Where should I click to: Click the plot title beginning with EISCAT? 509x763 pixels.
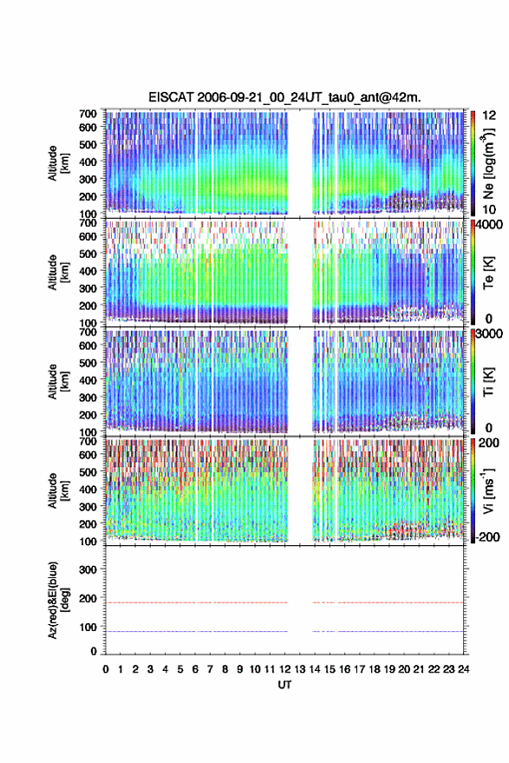coord(284,97)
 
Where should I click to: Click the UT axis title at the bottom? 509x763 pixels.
coord(284,685)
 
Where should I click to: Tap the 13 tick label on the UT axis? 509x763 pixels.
coord(299,669)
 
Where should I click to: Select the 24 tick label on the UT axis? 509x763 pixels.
coord(463,669)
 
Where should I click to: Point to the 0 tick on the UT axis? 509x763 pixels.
coord(106,669)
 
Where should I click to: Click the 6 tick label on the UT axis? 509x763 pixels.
coord(195,669)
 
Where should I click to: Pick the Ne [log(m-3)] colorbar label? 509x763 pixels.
coord(488,163)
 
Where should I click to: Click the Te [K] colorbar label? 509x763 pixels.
coord(488,273)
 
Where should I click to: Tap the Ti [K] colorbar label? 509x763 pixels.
coord(488,382)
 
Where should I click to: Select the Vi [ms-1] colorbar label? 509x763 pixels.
coord(488,490)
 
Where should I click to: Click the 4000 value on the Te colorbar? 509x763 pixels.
coord(489,226)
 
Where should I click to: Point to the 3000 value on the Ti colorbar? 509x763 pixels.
coord(489,334)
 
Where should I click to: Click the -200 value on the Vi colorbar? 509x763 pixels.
coord(486,536)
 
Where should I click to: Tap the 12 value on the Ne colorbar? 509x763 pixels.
coord(489,115)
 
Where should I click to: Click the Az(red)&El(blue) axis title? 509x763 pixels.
coord(58,600)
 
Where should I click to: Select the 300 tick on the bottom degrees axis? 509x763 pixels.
coord(88,569)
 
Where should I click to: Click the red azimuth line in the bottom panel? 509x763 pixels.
coord(284,602)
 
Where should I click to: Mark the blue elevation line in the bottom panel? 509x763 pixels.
coord(284,631)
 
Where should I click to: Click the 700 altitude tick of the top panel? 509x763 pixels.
coord(88,114)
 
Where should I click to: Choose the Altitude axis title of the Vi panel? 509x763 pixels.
coord(58,490)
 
